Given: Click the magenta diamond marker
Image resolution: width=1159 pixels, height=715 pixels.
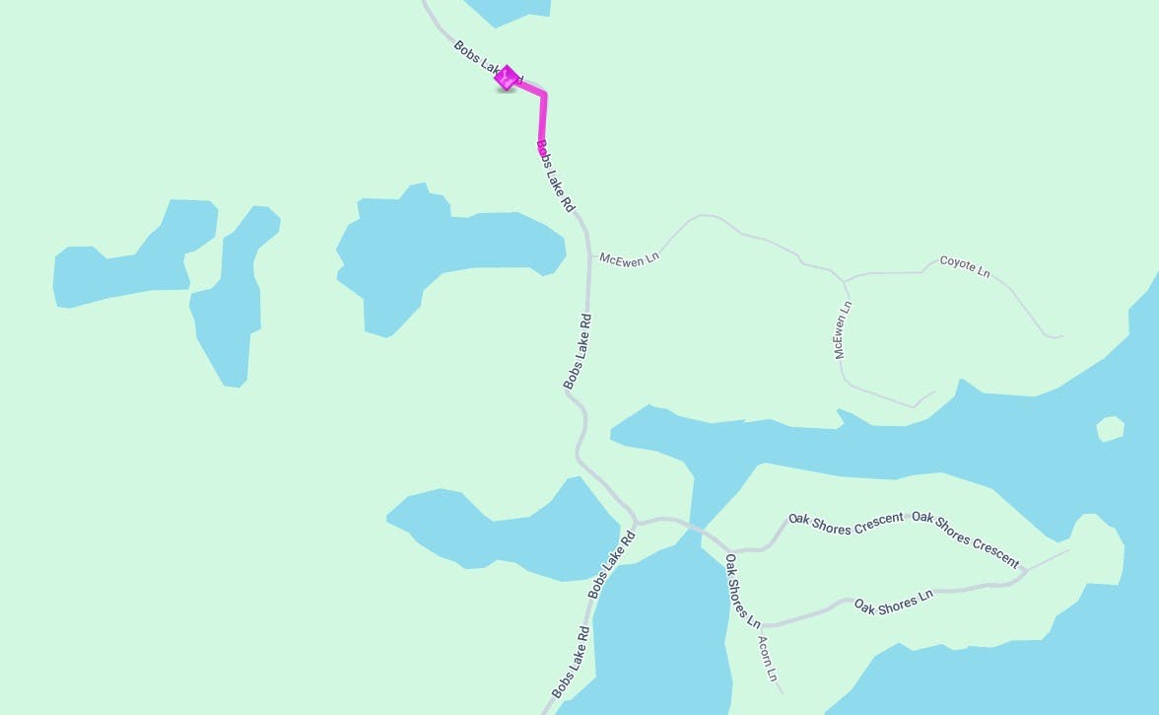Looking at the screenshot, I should click(506, 78).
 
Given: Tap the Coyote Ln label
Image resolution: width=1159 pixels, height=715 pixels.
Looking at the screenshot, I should click(964, 265).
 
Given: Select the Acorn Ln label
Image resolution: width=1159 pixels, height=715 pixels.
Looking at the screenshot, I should click(768, 659).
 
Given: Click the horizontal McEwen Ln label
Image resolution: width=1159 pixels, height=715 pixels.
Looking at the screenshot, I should click(629, 259).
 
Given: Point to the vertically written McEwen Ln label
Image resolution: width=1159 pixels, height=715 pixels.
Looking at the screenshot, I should click(843, 330).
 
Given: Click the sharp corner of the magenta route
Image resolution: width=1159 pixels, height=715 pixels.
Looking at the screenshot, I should click(544, 95).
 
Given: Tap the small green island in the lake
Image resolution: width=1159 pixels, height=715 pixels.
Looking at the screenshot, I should click(1110, 429).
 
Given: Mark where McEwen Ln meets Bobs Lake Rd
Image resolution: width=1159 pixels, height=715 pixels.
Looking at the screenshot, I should click(589, 256).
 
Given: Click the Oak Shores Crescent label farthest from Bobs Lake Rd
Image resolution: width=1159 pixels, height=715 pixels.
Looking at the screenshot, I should click(966, 538).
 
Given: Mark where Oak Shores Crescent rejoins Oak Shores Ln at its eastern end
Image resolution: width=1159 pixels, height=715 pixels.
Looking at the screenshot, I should click(1025, 570).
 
